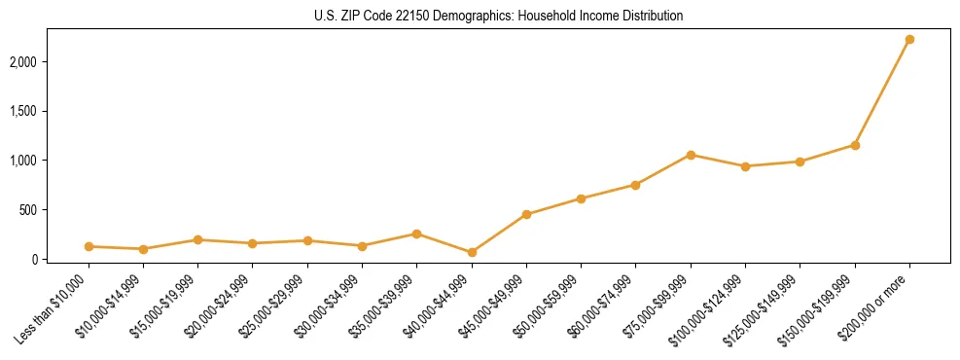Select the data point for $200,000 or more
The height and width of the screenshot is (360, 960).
pos(909,39)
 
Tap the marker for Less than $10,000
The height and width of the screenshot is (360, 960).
pos(89,246)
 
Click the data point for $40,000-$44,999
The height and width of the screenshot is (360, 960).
pos(472,252)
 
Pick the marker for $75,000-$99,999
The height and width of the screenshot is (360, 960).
pos(691,155)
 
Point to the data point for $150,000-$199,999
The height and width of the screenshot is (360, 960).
pos(855,145)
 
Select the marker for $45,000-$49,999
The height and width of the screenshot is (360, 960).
pos(526,214)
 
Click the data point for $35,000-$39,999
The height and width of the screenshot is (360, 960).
pos(417,234)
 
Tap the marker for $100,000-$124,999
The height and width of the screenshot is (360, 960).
pos(745,166)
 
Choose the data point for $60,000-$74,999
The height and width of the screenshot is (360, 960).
pos(635,185)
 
